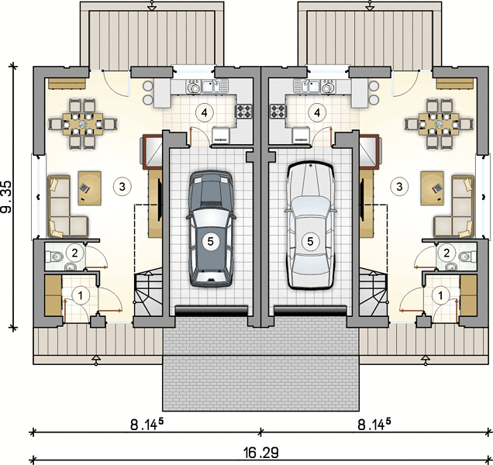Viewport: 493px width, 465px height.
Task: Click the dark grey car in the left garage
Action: (x=211, y=229)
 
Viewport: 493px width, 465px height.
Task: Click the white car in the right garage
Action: (x=310, y=225)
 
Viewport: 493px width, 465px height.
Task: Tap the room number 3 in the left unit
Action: (x=122, y=187)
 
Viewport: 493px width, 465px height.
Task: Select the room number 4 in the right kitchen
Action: (x=317, y=112)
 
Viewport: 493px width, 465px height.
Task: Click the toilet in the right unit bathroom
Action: (x=467, y=257)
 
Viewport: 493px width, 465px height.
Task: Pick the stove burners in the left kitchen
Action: (x=245, y=112)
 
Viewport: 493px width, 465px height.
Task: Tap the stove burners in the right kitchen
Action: (x=278, y=112)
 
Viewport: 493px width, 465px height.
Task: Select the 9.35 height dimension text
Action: (x=7, y=197)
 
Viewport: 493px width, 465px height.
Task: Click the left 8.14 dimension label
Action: (x=147, y=425)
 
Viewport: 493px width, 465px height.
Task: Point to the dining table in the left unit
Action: (x=83, y=124)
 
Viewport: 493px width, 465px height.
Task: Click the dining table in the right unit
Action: (x=440, y=124)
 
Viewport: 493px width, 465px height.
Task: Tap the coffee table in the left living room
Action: (x=90, y=188)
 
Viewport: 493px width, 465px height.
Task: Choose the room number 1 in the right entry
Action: (x=440, y=295)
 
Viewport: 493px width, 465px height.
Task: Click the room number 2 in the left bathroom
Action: (x=74, y=253)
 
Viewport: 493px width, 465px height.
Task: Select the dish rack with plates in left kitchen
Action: (x=193, y=86)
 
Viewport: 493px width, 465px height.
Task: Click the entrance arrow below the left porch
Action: (x=97, y=360)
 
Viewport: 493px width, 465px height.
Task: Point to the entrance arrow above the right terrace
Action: (x=371, y=5)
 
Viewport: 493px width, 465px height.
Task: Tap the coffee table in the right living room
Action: (x=433, y=188)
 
